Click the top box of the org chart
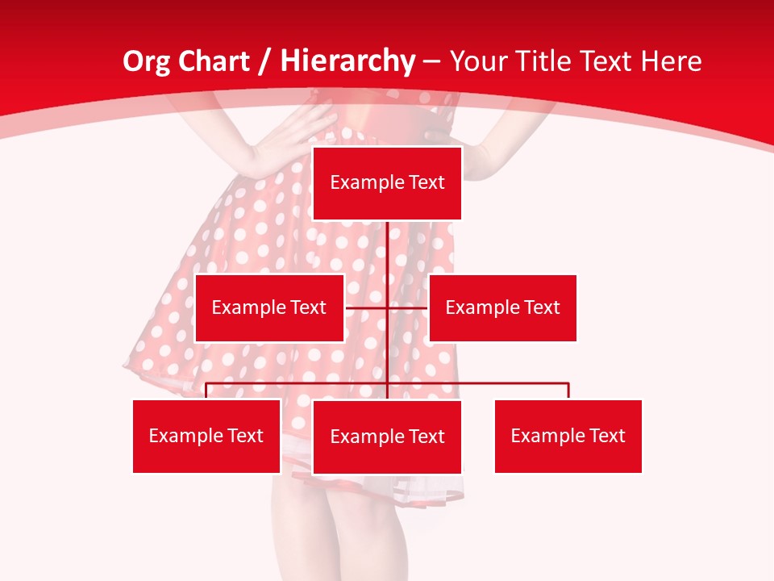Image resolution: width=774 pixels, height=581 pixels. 387,183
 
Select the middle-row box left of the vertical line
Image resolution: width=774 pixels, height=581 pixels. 269,307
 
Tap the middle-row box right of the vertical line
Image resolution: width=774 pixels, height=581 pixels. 502,307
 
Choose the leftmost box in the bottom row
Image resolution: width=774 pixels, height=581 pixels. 206,436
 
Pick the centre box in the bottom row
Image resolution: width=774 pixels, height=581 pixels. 387,437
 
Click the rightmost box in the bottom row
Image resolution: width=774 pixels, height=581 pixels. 568,436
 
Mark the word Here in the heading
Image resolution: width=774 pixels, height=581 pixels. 671,61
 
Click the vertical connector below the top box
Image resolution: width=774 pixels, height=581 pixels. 388,258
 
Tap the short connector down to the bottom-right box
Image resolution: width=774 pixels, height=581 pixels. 568,391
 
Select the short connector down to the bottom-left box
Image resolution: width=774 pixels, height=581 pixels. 206,391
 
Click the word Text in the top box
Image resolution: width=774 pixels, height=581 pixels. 427,183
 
